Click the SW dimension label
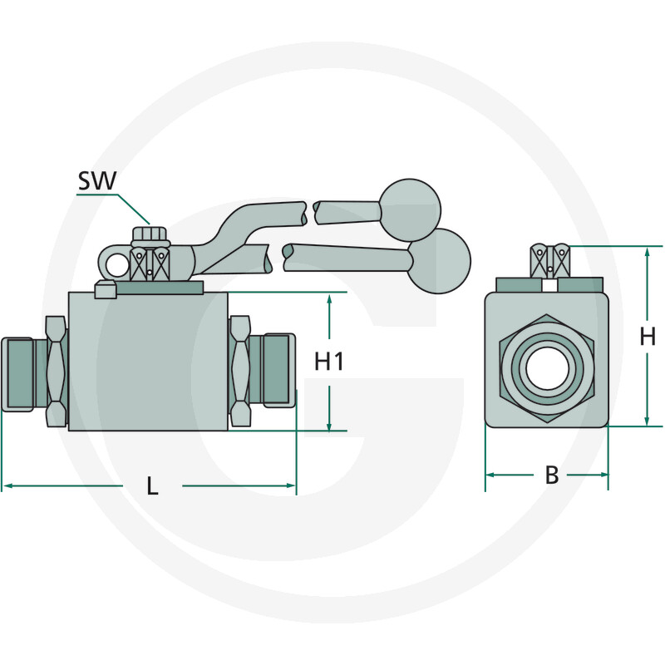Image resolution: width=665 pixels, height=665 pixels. pyautogui.click(x=97, y=181)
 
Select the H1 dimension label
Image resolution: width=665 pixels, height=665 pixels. pyautogui.click(x=329, y=362)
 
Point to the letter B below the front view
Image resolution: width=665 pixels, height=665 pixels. pyautogui.click(x=551, y=475)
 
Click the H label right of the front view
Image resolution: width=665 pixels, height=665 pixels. pyautogui.click(x=648, y=337)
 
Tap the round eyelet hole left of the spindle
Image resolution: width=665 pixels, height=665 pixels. pyautogui.click(x=116, y=264)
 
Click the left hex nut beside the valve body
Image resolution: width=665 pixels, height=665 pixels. pyautogui.click(x=55, y=372)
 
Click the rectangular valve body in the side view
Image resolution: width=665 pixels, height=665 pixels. pyautogui.click(x=148, y=362)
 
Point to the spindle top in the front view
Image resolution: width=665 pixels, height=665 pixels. pyautogui.click(x=550, y=259)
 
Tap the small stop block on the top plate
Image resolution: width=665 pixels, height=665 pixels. pyautogui.click(x=105, y=289)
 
